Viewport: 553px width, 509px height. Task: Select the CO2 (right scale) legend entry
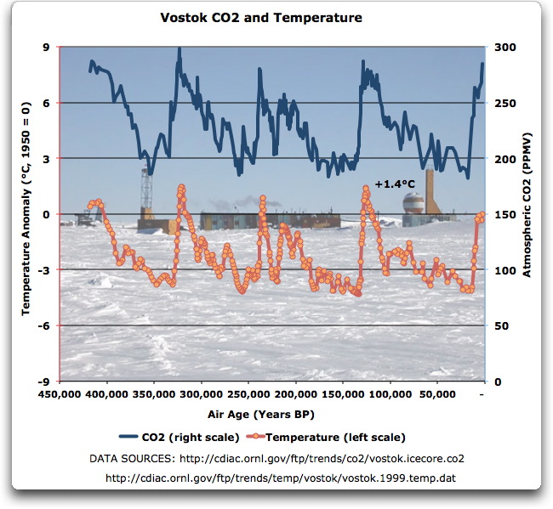pyautogui.click(x=197, y=438)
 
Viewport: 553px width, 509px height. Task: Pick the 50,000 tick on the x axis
pyautogui.click(x=436, y=395)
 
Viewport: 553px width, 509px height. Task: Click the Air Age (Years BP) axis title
pyautogui.click(x=272, y=415)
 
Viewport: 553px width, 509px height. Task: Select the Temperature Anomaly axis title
pyautogui.click(x=26, y=214)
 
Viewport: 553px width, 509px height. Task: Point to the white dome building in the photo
pyautogui.click(x=413, y=204)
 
